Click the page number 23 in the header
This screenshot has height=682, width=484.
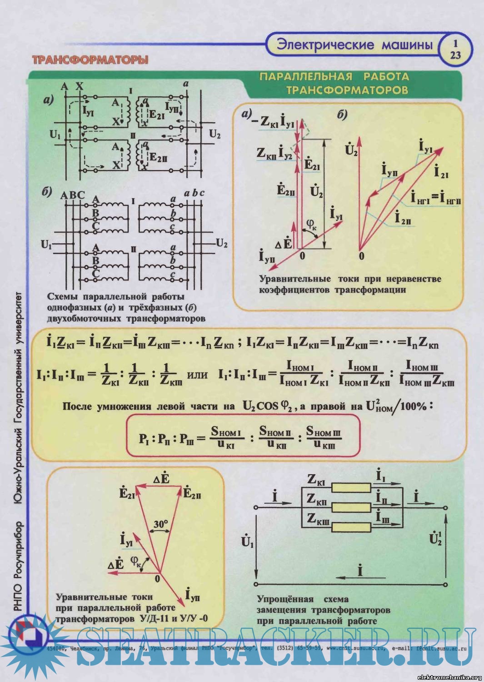(x=455, y=55)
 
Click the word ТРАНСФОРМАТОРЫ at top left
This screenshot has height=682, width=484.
(x=90, y=60)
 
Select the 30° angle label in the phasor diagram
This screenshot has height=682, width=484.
(x=160, y=525)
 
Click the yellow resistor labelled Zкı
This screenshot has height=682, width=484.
(x=351, y=488)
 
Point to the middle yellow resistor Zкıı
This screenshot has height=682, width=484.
(x=351, y=507)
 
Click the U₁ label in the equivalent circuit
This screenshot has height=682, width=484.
(x=248, y=542)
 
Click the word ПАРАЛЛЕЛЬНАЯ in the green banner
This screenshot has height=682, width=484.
(x=306, y=76)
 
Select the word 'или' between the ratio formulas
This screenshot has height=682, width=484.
(x=197, y=376)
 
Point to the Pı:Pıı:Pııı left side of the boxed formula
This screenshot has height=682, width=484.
(x=166, y=439)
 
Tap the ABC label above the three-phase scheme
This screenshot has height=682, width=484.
(x=73, y=195)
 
